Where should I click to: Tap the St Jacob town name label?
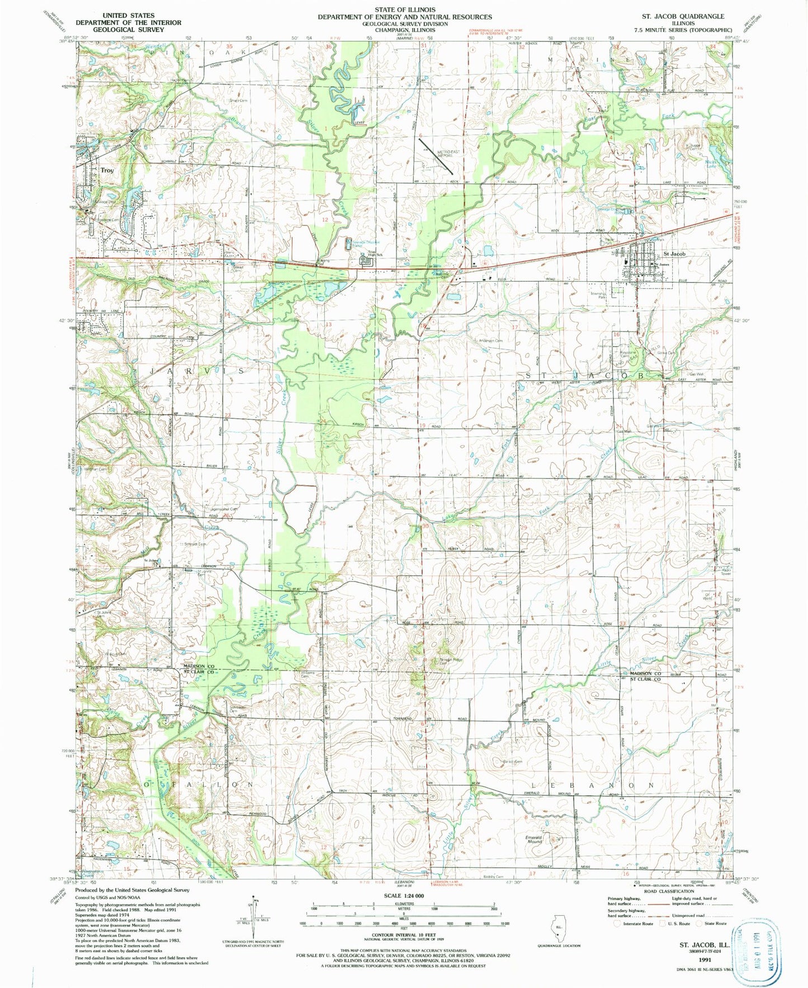[674, 254]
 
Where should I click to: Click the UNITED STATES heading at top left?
[129, 16]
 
